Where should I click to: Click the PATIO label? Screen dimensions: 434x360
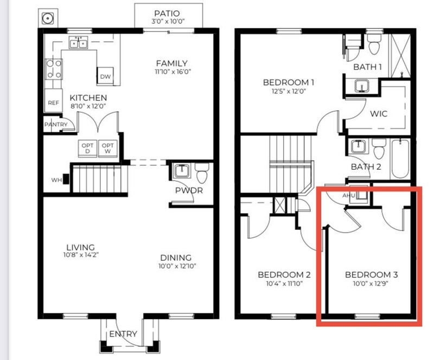(167, 13)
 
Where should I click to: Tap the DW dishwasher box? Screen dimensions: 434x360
(105, 75)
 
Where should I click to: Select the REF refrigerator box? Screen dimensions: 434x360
(53, 100)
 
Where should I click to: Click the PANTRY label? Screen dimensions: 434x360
(56, 125)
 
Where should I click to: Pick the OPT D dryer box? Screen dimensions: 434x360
(87, 149)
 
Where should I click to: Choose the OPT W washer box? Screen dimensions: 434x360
(107, 149)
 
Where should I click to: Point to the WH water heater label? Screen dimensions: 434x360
(56, 180)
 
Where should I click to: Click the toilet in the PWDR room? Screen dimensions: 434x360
(202, 172)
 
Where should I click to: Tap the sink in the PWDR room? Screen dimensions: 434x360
(182, 171)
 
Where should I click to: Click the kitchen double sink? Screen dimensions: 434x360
(79, 43)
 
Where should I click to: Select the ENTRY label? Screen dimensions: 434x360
(123, 334)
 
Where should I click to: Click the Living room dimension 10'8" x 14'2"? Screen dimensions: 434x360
(81, 255)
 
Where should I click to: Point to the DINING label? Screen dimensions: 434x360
(176, 258)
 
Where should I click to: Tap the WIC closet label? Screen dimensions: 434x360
(379, 114)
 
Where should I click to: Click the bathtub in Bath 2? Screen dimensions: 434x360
(400, 159)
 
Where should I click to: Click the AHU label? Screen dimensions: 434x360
(348, 195)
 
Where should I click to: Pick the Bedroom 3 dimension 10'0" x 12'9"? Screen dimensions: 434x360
(371, 284)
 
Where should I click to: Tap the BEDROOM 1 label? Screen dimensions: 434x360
(289, 82)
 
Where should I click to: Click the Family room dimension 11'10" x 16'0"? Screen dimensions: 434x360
(173, 72)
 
